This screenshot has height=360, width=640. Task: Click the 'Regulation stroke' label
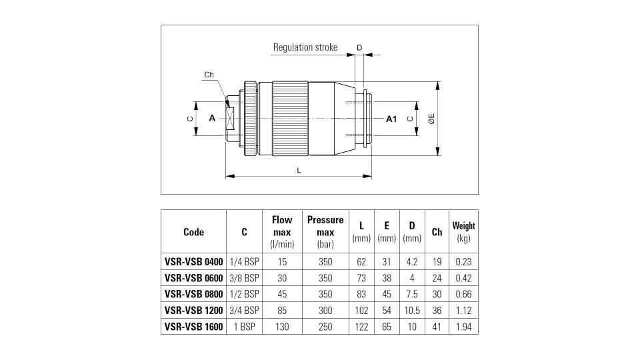click(x=305, y=47)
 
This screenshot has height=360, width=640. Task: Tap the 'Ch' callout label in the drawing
click(x=209, y=75)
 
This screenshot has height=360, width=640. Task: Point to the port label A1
click(x=391, y=119)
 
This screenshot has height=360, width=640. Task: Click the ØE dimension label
click(x=431, y=119)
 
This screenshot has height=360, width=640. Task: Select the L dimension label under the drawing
click(x=299, y=171)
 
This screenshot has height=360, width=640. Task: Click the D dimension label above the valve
click(x=359, y=48)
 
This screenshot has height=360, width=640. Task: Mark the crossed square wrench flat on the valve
click(x=230, y=119)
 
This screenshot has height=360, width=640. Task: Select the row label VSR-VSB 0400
click(x=194, y=261)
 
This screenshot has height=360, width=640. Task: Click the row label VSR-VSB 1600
click(x=194, y=327)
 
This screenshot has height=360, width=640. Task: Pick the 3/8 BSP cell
click(x=244, y=278)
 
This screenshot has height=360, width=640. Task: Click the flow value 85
click(x=282, y=311)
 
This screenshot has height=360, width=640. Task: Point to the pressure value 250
click(x=325, y=327)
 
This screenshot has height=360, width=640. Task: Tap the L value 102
click(x=361, y=311)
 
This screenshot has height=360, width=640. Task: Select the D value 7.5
click(x=412, y=294)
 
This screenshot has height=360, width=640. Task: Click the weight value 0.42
click(x=464, y=278)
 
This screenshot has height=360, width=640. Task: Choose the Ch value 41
click(x=437, y=327)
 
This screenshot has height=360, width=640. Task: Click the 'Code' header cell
click(x=193, y=232)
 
